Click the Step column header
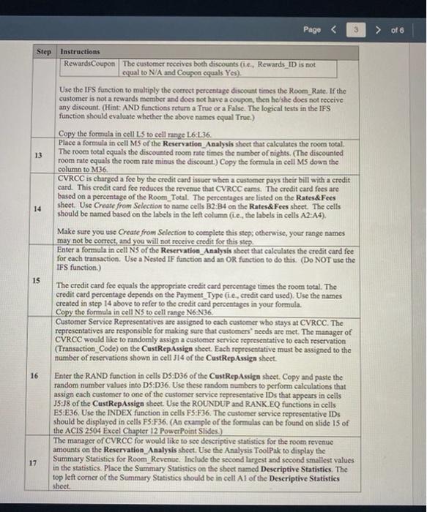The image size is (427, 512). point(44,53)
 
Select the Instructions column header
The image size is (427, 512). point(81,53)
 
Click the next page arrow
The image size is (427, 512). point(380,30)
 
